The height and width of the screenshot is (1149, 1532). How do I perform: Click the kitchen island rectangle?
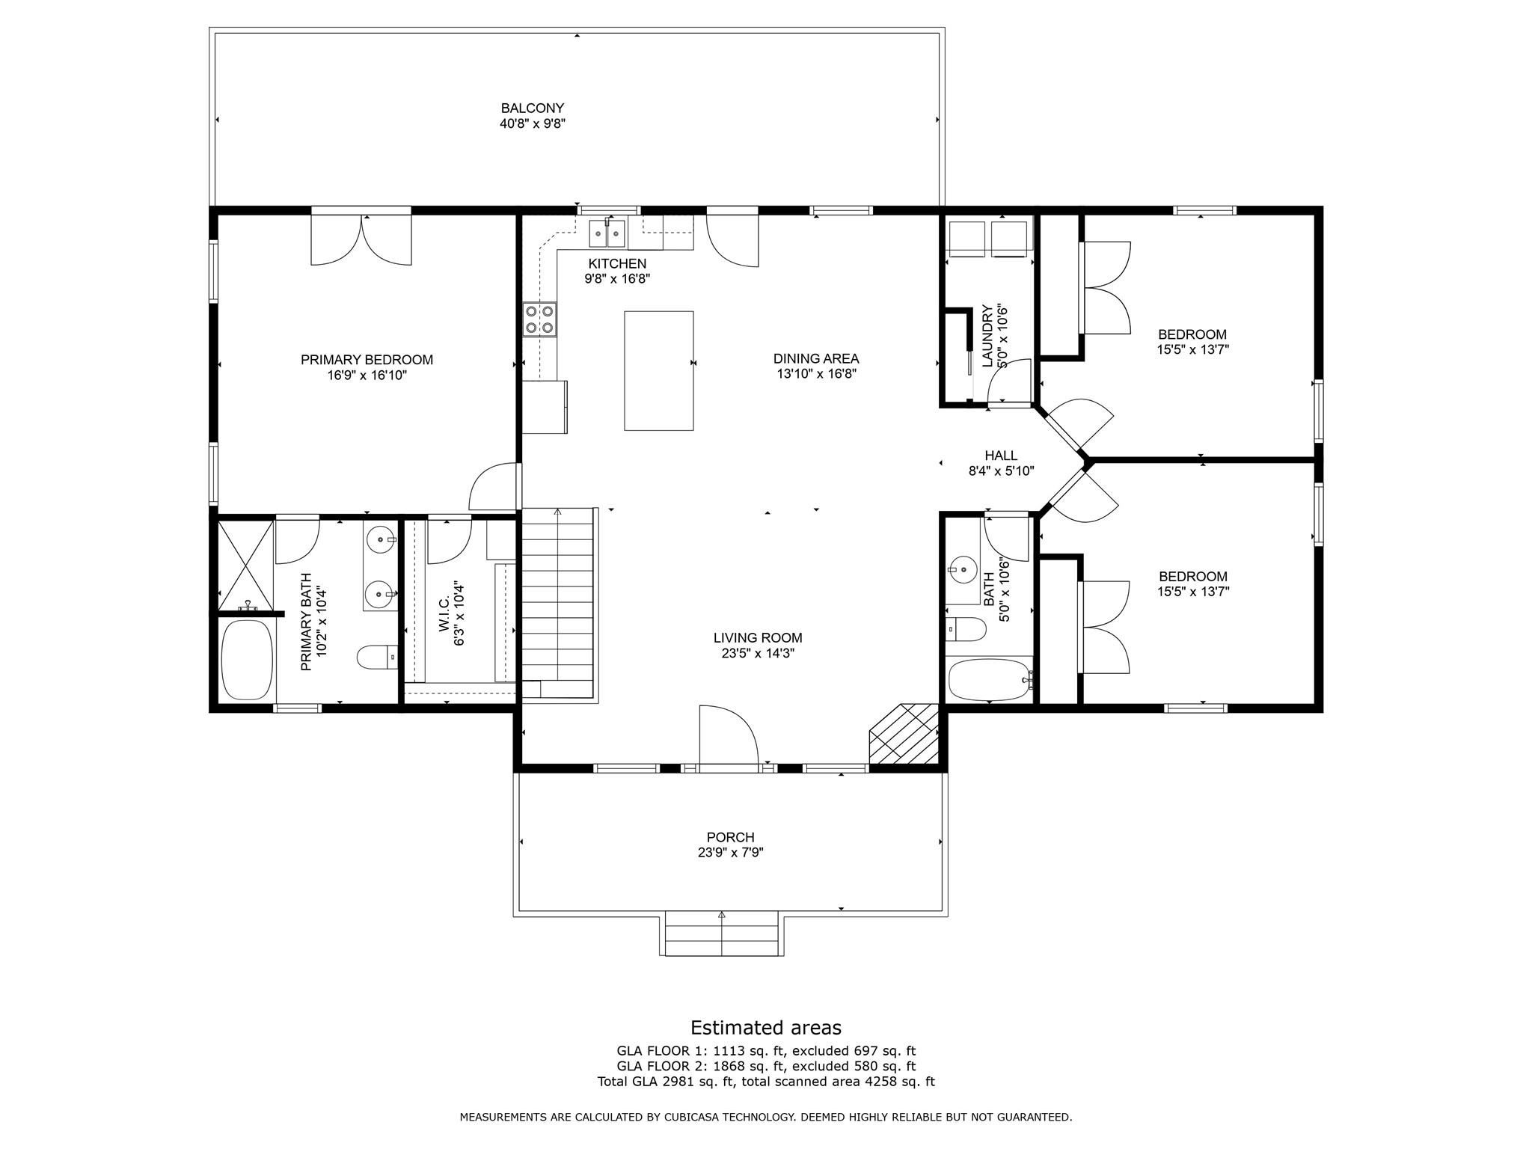point(658,370)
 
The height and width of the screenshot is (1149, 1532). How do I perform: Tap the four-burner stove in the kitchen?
point(540,319)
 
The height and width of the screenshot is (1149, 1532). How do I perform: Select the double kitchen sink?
point(607,233)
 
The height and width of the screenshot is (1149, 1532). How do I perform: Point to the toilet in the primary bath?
point(378,658)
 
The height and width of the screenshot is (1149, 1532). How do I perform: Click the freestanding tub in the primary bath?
point(247,660)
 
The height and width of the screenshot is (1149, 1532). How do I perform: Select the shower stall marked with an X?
point(245,566)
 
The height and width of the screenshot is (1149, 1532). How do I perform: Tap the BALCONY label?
point(533,108)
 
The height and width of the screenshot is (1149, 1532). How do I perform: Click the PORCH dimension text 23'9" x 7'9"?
point(731,852)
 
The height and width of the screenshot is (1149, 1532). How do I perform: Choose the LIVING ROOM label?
point(758,638)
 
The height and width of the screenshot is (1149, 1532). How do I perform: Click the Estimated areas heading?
point(766,1028)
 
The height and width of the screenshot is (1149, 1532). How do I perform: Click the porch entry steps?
point(722,933)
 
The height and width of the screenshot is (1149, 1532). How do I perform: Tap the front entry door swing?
point(729,735)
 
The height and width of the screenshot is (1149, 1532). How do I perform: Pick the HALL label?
point(1001,456)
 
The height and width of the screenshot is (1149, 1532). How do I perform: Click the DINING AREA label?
point(816,359)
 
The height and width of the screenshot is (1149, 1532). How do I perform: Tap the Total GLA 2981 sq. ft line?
point(766,1082)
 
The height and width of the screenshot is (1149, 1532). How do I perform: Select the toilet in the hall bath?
point(966,629)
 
